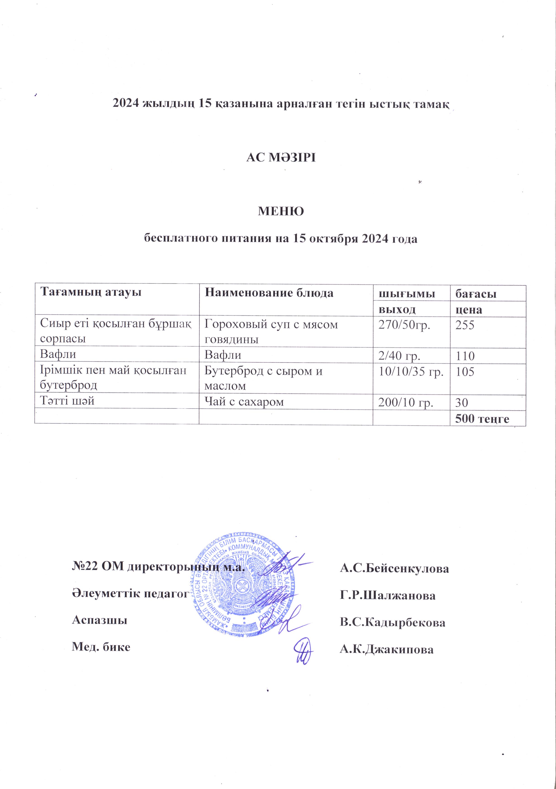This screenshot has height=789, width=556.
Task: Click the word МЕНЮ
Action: click(x=281, y=211)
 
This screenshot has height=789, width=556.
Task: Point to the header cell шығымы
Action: click(x=406, y=294)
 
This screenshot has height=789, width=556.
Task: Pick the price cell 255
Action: click(x=465, y=325)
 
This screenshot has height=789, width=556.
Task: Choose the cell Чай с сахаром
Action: click(x=244, y=402)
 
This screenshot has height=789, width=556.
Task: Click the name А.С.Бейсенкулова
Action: click(x=394, y=569)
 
